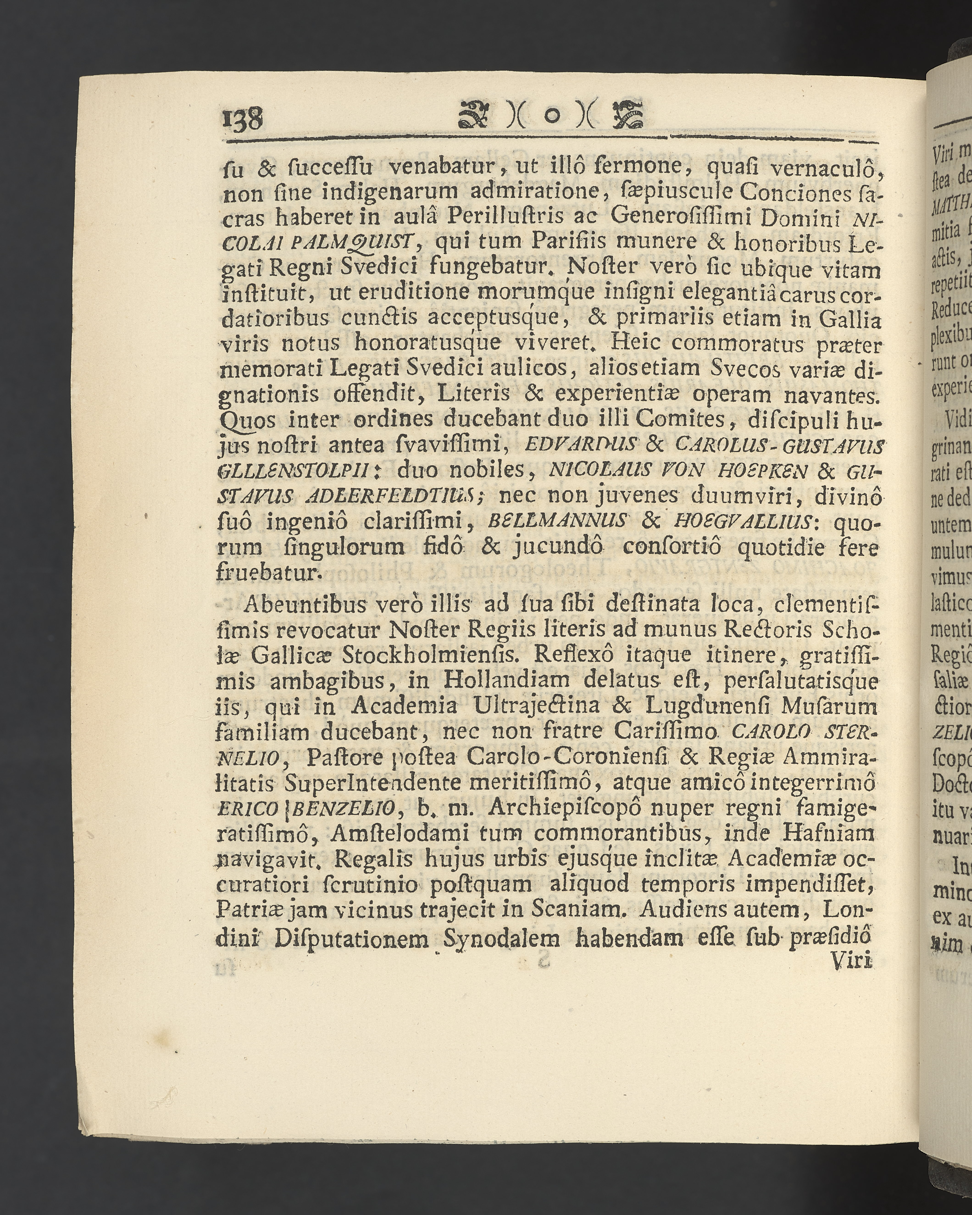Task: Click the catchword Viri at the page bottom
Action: click(852, 961)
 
